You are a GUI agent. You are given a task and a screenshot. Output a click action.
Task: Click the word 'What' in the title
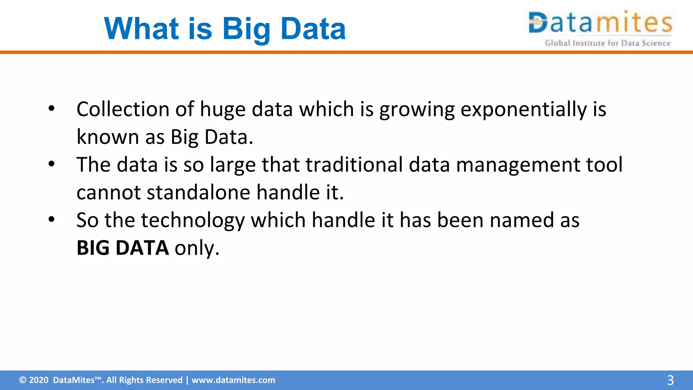coord(141,29)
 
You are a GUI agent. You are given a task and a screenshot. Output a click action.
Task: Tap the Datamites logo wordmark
coord(600,23)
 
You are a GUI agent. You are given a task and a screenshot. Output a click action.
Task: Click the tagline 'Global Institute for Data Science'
coord(607,43)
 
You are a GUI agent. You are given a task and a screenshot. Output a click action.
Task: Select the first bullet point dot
coord(51,109)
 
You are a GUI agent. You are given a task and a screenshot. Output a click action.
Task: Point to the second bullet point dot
coord(51,164)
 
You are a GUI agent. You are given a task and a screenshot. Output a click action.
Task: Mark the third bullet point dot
coord(51,219)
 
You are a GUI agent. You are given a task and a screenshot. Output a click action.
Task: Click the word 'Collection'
coord(123,109)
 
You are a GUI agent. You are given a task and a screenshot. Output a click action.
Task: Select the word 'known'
coord(108,137)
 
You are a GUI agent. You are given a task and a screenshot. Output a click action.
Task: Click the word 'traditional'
coord(354,165)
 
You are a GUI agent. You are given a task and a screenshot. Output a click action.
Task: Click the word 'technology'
coord(193,221)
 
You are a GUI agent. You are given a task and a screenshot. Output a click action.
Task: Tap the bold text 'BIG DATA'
coord(122,248)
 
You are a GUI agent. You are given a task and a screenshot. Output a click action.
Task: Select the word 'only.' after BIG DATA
coord(197,248)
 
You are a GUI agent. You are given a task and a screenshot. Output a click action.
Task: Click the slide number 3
coord(670,380)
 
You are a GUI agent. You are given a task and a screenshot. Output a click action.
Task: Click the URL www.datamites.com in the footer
coord(233,380)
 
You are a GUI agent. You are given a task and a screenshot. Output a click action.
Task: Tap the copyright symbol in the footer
coord(22,380)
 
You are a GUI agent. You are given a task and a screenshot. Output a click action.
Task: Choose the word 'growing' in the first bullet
coord(417,110)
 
